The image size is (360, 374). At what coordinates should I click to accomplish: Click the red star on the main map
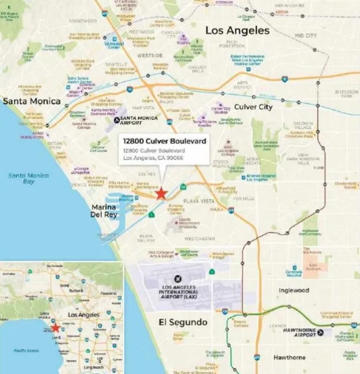click(x=160, y=194)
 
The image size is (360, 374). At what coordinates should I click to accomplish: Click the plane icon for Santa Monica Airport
click(x=116, y=119)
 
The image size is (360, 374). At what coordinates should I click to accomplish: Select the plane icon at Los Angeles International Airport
click(x=178, y=279)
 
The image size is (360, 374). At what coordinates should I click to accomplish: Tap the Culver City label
click(x=253, y=107)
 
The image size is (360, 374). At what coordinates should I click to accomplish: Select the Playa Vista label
click(x=199, y=201)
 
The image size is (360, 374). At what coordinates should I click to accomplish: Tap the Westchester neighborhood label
click(x=200, y=239)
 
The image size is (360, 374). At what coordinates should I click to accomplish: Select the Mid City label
click(x=306, y=36)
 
